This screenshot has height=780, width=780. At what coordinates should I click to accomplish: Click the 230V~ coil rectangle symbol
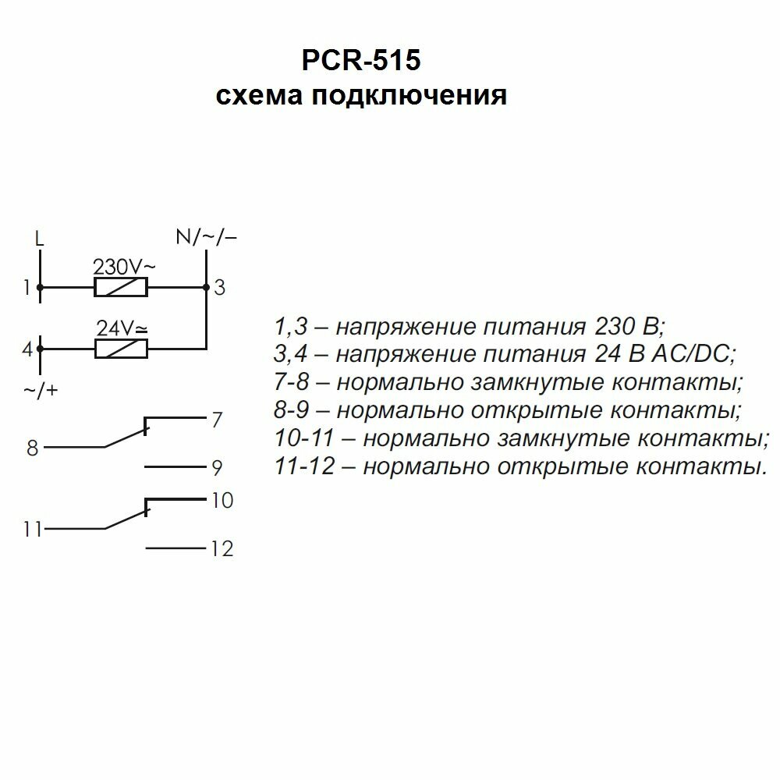coord(121,288)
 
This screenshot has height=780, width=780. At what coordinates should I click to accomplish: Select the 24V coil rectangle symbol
coord(121,349)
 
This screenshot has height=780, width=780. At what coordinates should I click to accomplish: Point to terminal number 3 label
coord(220,289)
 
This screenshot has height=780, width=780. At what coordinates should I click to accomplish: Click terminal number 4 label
coord(27,349)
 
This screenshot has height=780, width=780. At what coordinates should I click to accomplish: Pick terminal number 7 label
coord(217,421)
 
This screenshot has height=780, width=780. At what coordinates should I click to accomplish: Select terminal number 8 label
coord(32,448)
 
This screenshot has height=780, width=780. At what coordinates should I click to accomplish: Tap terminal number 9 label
coord(218,469)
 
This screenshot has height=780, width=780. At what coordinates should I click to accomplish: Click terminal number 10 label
coord(222,501)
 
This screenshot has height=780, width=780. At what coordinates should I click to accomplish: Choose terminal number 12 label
coord(222,550)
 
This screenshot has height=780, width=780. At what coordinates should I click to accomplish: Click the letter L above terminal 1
coord(40,237)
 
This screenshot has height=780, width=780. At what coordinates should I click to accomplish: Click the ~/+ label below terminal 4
coord(41,390)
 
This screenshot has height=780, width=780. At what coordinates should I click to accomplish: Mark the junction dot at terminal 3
coord(205,288)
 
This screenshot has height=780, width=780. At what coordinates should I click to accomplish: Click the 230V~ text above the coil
coord(124,267)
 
